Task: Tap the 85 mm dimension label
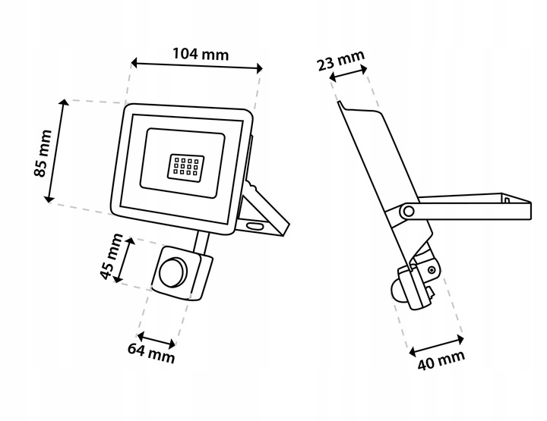tap(43, 152)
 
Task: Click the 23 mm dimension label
tap(341, 60)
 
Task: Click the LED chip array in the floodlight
tap(182, 167)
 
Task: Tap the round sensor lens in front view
tap(171, 270)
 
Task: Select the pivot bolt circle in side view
tap(409, 210)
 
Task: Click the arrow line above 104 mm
tap(197, 64)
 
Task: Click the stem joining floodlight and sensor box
tap(201, 243)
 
